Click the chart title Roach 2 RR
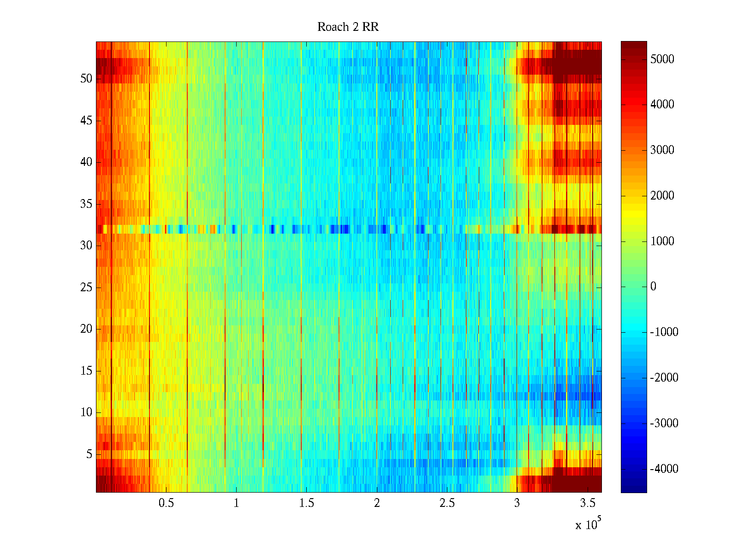348,27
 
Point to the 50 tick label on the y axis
86,79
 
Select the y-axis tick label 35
86,204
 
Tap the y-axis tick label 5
89,454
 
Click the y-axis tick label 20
86,329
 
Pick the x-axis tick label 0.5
166,503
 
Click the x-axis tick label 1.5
306,503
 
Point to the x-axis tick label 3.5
587,503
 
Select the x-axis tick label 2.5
447,503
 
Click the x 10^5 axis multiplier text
588,524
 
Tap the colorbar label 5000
662,59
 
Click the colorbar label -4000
664,469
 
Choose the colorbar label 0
653,287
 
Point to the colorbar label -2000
664,378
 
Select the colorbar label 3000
662,150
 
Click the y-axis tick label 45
86,121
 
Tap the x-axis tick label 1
236,503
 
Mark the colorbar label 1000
662,241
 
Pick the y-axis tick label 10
86,412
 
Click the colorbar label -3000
664,424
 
